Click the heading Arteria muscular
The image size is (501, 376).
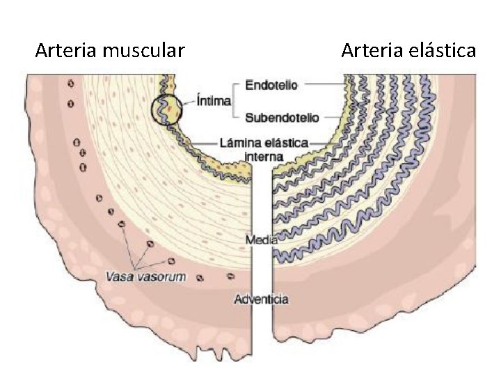[x=110, y=51]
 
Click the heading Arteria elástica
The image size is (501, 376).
[x=408, y=51]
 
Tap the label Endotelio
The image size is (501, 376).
[x=272, y=85]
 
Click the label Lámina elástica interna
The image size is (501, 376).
[x=263, y=148]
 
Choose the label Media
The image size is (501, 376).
[x=262, y=240]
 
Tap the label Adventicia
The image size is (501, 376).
[x=262, y=299]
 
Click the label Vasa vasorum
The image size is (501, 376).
[x=145, y=276]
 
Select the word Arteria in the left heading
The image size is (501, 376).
[x=66, y=51]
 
